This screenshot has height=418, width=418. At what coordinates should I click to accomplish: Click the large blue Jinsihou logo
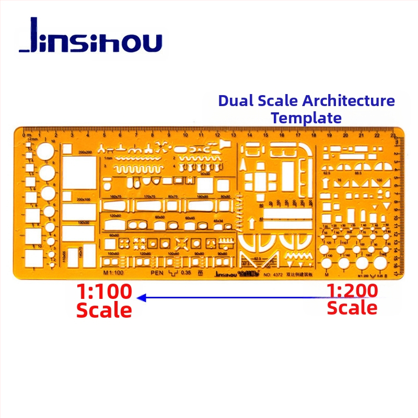pyautogui.click(x=90, y=38)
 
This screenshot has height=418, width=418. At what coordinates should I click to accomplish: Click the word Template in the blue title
pyautogui.click(x=306, y=118)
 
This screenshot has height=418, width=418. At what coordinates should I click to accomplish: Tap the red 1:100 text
pyautogui.click(x=104, y=291)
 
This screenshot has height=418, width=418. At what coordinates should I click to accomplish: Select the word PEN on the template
pyautogui.click(x=157, y=272)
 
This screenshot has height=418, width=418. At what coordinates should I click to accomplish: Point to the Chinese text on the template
pyautogui.click(x=298, y=272)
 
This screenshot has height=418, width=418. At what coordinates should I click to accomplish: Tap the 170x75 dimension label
pyautogui.click(x=149, y=196)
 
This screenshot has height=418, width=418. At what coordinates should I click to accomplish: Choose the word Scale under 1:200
pyautogui.click(x=352, y=308)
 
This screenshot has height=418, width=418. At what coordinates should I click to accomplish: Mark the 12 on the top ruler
pyautogui.click(x=218, y=135)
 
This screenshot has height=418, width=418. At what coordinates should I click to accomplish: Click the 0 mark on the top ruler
pyautogui.click(x=24, y=135)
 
